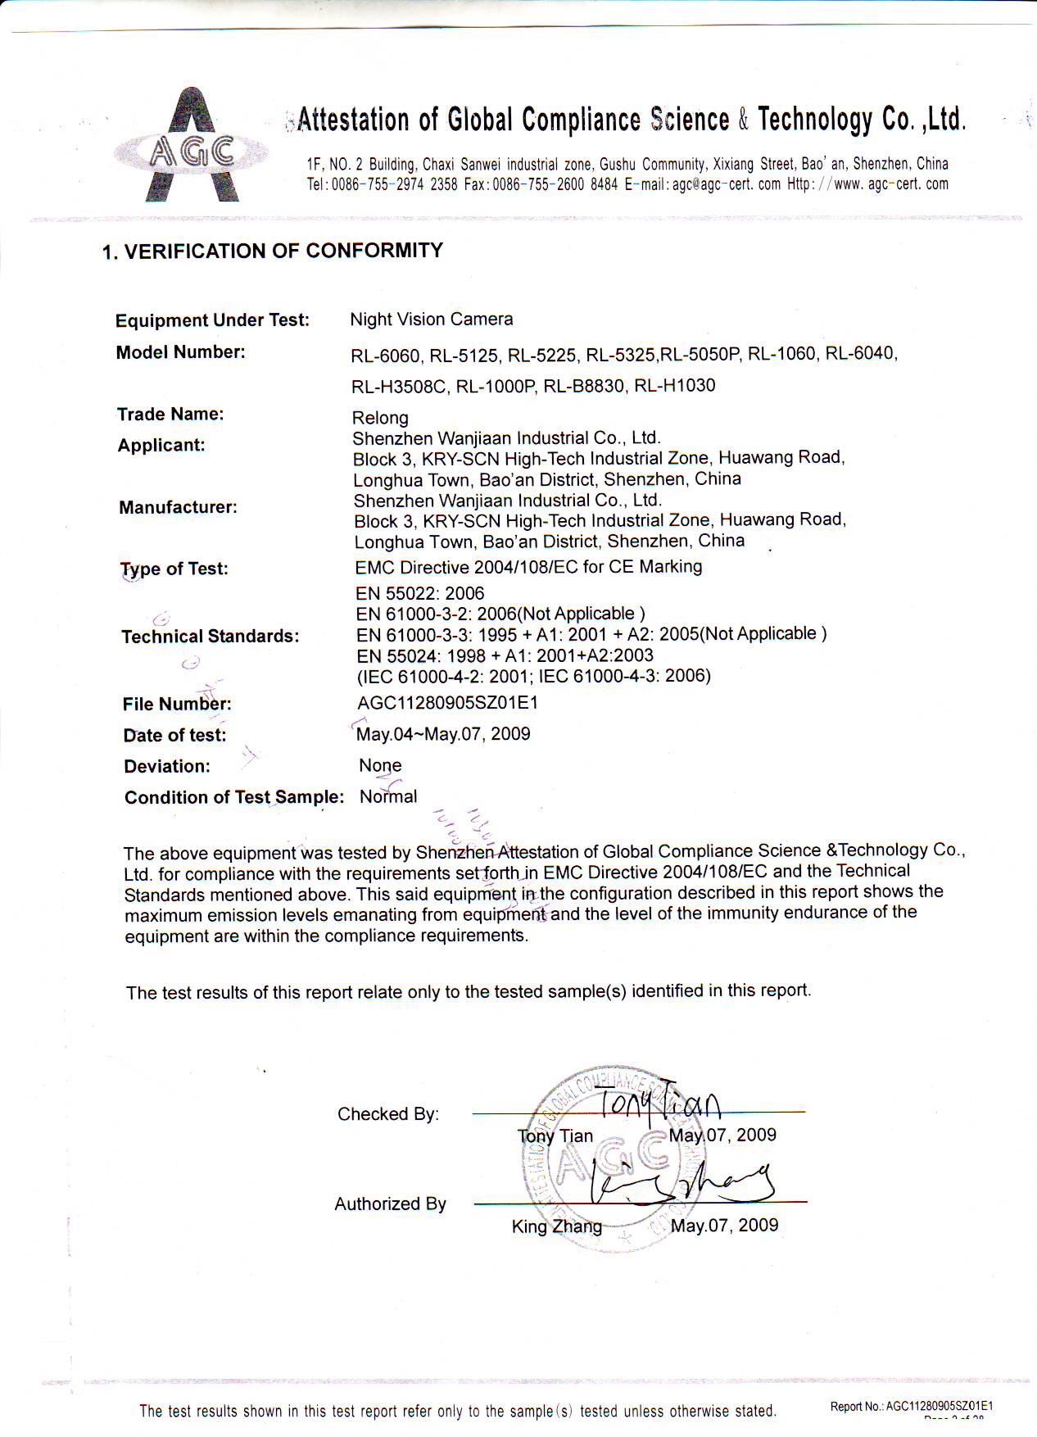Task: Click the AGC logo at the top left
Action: [192, 147]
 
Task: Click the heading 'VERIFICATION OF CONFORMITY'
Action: [283, 251]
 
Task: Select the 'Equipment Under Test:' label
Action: [212, 320]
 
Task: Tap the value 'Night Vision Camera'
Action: [431, 320]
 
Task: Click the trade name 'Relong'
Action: [380, 418]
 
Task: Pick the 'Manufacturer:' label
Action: [178, 507]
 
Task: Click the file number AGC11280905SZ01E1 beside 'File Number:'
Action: [447, 703]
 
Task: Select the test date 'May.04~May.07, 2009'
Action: [443, 734]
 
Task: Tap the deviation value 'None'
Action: [380, 765]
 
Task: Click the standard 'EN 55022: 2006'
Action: [419, 593]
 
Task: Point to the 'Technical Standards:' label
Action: [210, 637]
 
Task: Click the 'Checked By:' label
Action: [387, 1114]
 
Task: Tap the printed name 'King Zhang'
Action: [556, 1226]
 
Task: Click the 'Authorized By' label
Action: [390, 1204]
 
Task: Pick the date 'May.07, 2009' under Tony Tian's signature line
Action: [722, 1136]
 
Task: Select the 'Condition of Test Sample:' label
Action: [234, 797]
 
